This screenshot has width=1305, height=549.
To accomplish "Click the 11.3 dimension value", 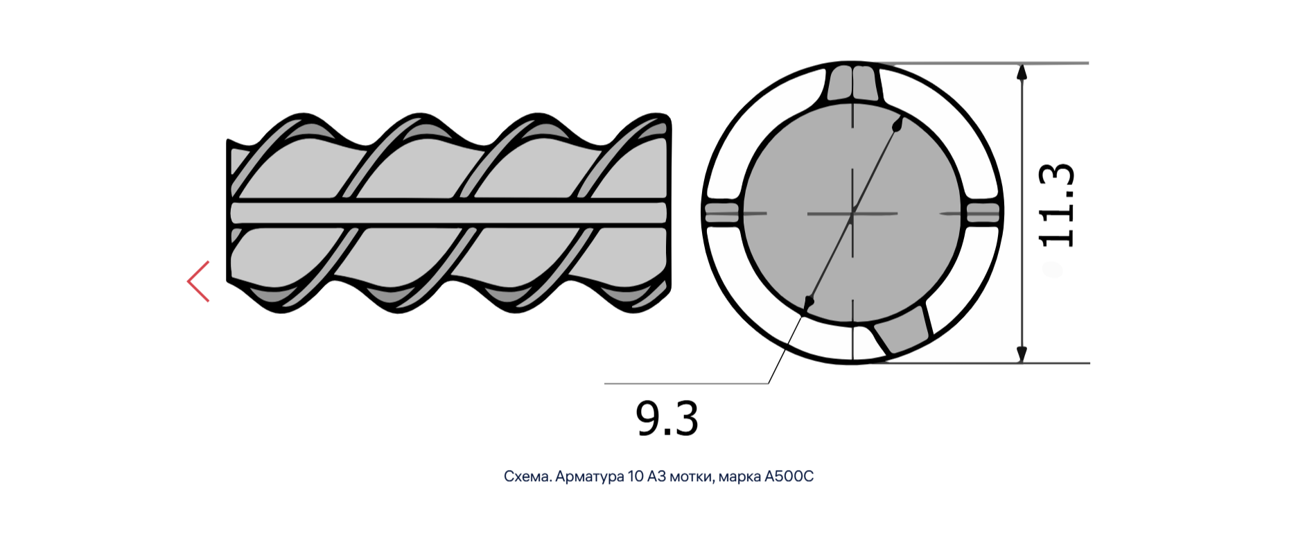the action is [1057, 205].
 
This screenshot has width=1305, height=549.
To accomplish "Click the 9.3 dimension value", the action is [667, 419].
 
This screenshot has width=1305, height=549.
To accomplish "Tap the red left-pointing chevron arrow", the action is [198, 281].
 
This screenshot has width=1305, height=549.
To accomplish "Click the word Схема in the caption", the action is [527, 477].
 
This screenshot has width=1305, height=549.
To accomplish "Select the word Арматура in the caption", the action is [590, 477].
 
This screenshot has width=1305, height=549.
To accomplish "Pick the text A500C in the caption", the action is [789, 477].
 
